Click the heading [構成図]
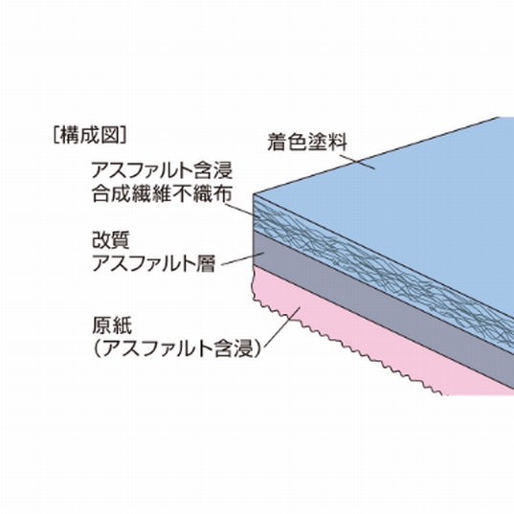[x=90, y=135]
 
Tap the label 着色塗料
[x=307, y=143]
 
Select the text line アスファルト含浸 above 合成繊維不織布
[x=163, y=170]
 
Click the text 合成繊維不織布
[x=163, y=193]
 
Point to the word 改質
[x=111, y=240]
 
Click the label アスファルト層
[x=153, y=263]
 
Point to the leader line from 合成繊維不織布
[x=242, y=210]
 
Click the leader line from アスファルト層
[x=242, y=258]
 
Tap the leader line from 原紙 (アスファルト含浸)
[x=282, y=326]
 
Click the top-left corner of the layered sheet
[x=254, y=194]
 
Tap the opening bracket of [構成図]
[x=56, y=135]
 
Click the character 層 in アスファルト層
[x=206, y=263]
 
